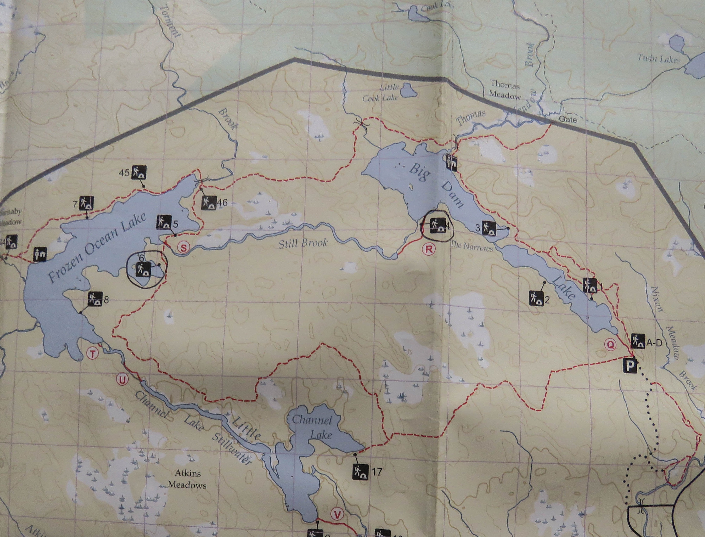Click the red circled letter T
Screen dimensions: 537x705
(92, 354)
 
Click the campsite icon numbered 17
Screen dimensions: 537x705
(359, 471)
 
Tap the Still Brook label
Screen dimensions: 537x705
(303, 244)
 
